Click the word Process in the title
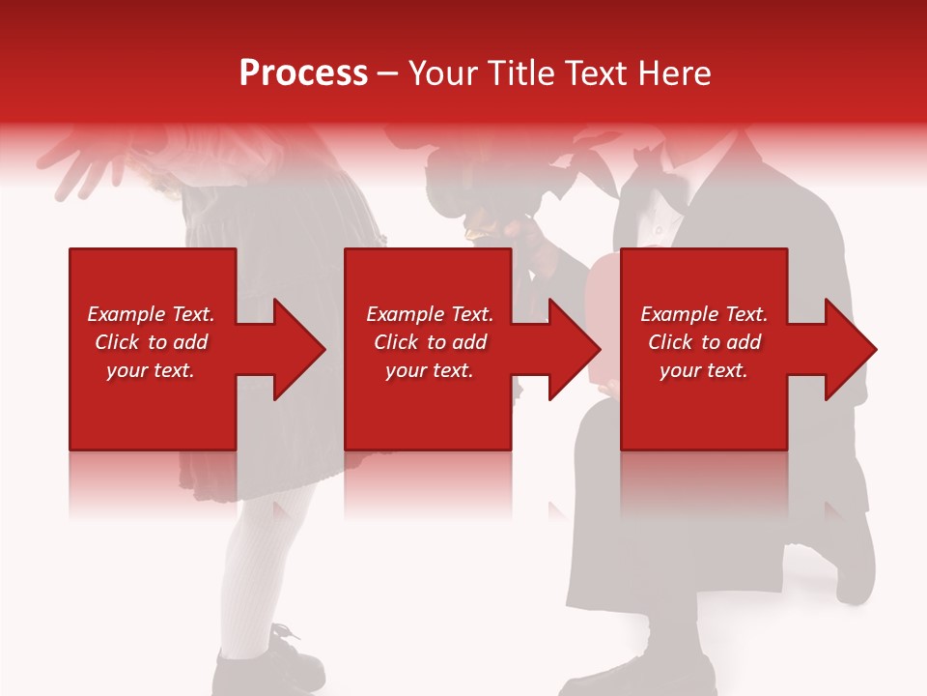[x=303, y=73]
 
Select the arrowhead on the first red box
[x=294, y=349]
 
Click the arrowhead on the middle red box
[x=569, y=349]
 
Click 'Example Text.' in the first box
[x=151, y=314]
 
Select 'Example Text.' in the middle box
[x=430, y=314]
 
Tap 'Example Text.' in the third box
[x=704, y=314]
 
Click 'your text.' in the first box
[x=151, y=370]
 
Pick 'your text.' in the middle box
[x=430, y=370]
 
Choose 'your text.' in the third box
[x=704, y=370]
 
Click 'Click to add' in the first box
[x=151, y=342]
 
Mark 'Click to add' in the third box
[x=704, y=342]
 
